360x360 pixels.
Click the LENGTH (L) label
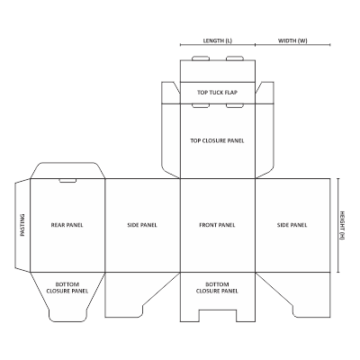[x=218, y=40]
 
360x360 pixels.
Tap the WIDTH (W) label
[x=292, y=40]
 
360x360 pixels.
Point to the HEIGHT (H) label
[x=342, y=225]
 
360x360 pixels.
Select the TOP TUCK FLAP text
[x=217, y=93]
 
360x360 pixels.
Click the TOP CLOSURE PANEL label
[x=217, y=140]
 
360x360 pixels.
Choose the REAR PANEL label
[x=67, y=225]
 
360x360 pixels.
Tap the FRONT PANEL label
[x=217, y=225]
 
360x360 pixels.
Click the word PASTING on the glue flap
[x=22, y=225]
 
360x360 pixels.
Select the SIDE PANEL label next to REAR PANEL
[x=142, y=225]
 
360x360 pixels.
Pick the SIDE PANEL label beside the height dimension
[x=292, y=225]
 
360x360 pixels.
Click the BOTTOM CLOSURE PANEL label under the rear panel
[x=67, y=288]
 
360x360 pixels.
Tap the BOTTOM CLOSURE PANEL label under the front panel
[x=217, y=288]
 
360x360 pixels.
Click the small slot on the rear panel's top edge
[x=67, y=181]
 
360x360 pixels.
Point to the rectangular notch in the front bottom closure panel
[x=218, y=316]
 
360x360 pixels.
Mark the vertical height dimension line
[x=338, y=225]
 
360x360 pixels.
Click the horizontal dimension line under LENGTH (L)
[x=218, y=45]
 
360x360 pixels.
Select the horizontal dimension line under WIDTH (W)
[x=292, y=45]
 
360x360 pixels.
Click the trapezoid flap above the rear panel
[x=67, y=171]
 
